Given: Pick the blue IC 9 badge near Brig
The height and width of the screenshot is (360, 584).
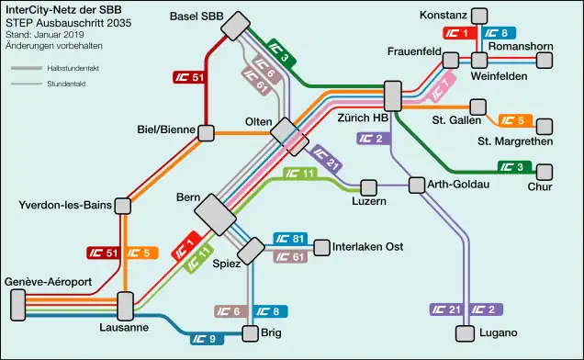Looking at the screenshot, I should [208, 338].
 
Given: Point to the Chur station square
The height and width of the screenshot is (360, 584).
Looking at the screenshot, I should [546, 172].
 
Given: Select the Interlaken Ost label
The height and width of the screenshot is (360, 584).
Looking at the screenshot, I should [368, 248].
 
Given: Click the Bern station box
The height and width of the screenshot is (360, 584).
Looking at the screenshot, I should [217, 214].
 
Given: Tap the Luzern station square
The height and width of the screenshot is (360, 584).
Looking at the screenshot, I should [370, 186].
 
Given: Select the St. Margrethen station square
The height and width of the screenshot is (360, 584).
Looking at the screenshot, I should [545, 126].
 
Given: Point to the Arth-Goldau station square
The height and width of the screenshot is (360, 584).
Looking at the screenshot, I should [417, 186].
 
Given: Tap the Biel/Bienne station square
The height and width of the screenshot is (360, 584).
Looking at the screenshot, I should [207, 133].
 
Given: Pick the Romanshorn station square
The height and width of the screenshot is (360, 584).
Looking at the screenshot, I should [545, 60].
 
